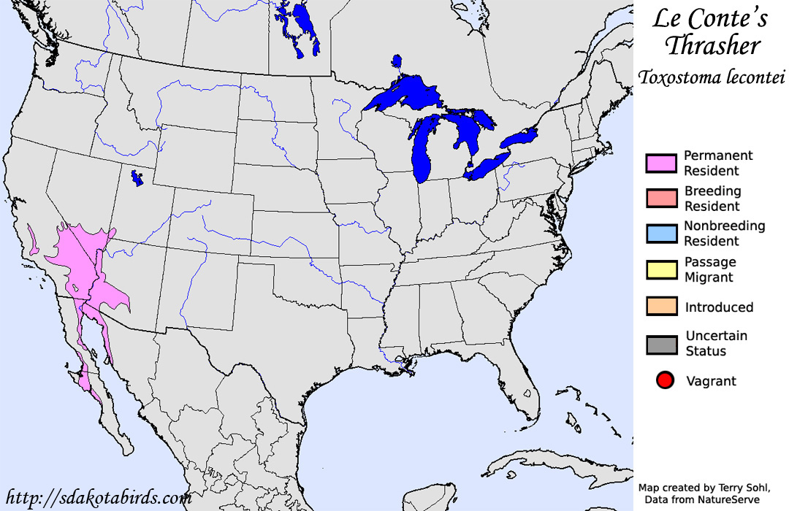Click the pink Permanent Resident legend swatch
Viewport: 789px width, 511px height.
point(661,164)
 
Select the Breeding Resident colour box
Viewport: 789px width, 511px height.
point(661,199)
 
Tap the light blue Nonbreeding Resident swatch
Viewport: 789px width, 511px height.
point(661,234)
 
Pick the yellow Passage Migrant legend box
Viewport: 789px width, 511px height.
point(661,269)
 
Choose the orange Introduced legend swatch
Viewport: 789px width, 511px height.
point(661,307)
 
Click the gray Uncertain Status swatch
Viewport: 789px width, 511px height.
point(661,344)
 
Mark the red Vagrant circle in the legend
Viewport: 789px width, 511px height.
point(665,380)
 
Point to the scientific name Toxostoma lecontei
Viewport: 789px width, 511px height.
point(710,77)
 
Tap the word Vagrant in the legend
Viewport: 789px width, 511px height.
point(711,381)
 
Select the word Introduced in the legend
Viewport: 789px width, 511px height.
point(719,307)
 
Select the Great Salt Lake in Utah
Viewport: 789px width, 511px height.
point(135,177)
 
